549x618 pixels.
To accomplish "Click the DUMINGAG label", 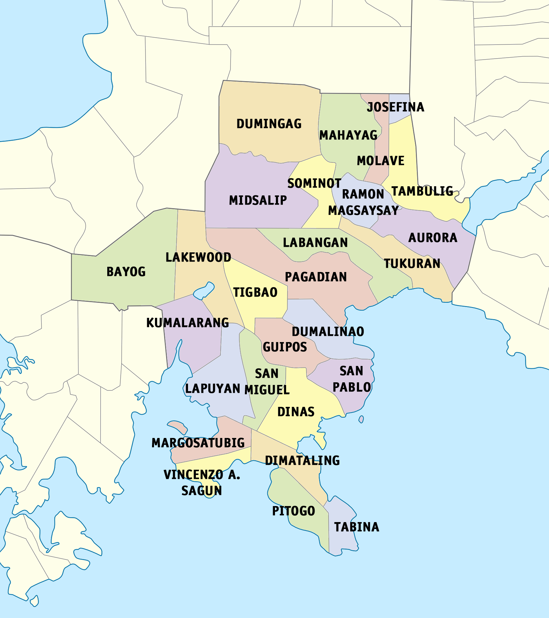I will click(x=269, y=124).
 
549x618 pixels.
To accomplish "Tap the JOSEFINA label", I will click(x=395, y=107).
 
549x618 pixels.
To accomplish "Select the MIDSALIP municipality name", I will click(x=258, y=200).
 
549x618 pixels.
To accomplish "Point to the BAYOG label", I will click(x=126, y=272).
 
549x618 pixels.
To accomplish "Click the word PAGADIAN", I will click(x=316, y=277).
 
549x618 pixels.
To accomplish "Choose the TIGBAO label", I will click(x=255, y=292).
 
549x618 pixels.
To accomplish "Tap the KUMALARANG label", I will click(x=187, y=323).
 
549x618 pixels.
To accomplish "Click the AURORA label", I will click(x=433, y=238).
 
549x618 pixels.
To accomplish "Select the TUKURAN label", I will click(x=412, y=264).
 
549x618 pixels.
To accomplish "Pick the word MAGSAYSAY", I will click(x=363, y=211).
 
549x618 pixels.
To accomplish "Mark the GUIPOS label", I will click(x=285, y=347).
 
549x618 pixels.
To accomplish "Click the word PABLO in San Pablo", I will click(x=352, y=387).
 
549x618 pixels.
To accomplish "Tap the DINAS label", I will click(x=296, y=412).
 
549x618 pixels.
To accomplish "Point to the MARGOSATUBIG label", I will click(x=198, y=443).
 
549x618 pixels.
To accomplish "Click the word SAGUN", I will click(x=201, y=491).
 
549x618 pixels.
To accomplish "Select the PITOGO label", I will click(x=293, y=511).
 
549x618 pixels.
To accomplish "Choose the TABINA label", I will click(x=356, y=527).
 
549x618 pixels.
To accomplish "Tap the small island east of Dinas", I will click(x=361, y=419).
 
